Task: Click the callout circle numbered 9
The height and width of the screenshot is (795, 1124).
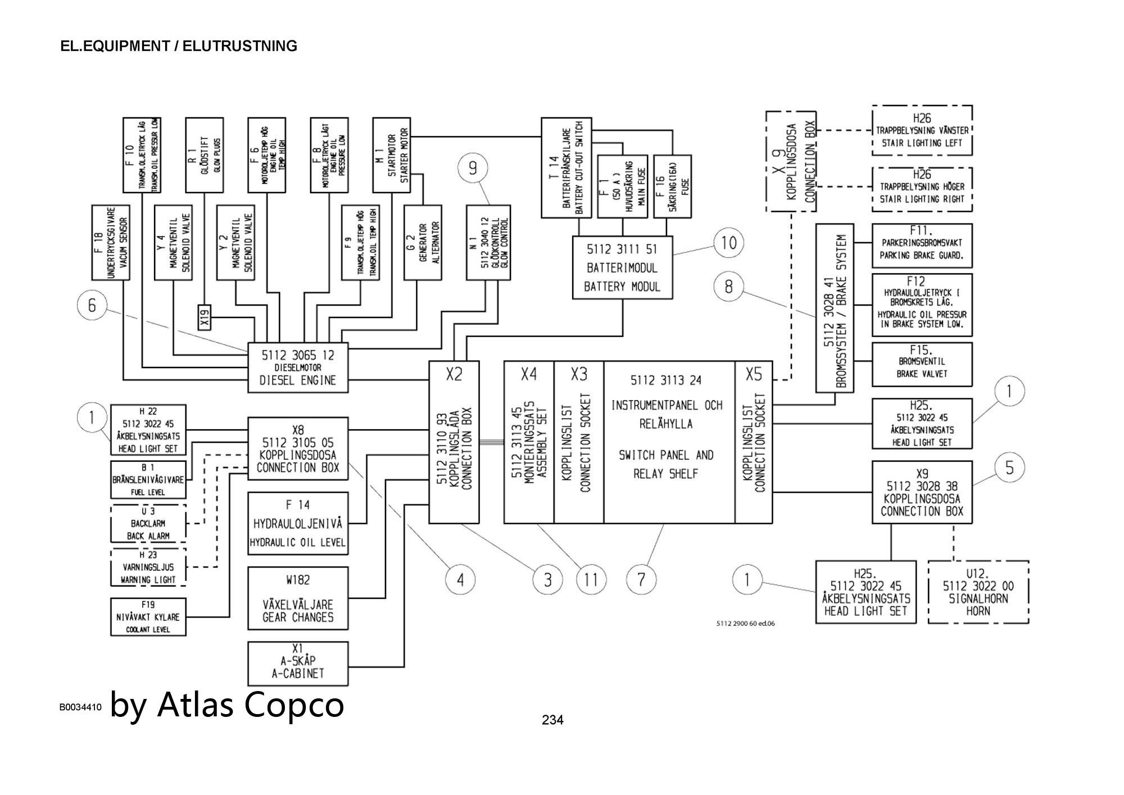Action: pos(473,168)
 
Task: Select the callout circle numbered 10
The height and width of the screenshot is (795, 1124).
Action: pos(728,243)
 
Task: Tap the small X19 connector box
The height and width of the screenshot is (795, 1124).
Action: pos(205,317)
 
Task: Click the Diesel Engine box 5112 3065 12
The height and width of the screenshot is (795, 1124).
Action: pos(298,367)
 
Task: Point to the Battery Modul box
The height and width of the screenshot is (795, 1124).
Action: pos(622,267)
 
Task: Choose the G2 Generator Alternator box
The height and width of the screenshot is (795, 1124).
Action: pos(423,242)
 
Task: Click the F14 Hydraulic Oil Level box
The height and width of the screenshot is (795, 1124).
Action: pos(298,524)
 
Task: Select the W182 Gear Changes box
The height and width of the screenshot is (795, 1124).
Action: pos(298,598)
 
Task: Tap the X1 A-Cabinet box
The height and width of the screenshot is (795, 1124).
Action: pos(298,664)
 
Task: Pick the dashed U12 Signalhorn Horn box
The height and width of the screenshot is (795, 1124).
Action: pos(978,592)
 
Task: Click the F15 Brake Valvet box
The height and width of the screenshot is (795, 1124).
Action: pos(922,364)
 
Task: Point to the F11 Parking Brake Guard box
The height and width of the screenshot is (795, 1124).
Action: pos(922,246)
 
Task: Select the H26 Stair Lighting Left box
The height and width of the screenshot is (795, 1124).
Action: pos(922,130)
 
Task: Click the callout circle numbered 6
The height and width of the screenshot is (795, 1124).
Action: pos(92,305)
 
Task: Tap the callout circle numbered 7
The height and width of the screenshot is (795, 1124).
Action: pos(641,579)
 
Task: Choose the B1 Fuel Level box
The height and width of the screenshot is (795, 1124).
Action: pos(148,480)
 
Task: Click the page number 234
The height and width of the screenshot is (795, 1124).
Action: pos(552,720)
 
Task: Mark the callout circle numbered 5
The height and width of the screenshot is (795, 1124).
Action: pos(1009,467)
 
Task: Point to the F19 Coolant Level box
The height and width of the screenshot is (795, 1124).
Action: pos(148,617)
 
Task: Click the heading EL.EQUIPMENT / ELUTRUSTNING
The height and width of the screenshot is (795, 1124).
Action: pos(179,46)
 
